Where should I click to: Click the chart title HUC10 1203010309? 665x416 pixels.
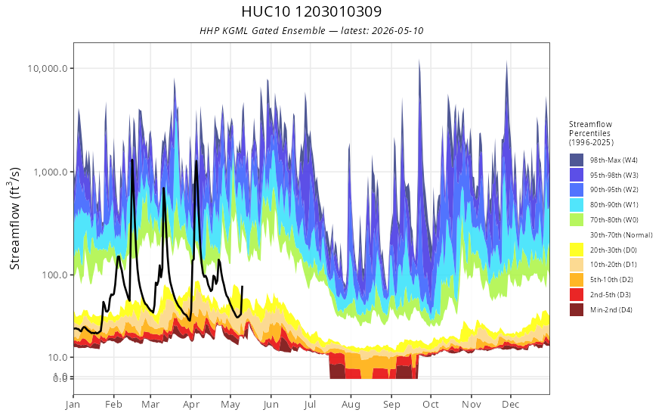(311, 11)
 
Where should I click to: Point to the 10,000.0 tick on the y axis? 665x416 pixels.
(48, 68)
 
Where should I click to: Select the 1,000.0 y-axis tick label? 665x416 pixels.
(51, 172)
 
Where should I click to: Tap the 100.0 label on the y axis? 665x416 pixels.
(54, 275)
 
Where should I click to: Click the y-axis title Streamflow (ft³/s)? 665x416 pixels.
(14, 218)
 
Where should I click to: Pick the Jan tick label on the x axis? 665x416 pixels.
(73, 405)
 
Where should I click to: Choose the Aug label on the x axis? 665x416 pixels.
(351, 405)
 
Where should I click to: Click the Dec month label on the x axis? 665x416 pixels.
(511, 404)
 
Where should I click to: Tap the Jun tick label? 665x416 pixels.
(271, 405)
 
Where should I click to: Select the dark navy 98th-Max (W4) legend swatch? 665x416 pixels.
(577, 160)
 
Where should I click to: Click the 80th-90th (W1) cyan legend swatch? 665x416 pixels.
(577, 205)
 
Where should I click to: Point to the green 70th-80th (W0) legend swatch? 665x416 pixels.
(577, 220)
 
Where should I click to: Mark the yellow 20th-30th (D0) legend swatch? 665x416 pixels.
(577, 250)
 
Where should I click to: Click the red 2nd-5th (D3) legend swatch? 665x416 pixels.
(577, 294)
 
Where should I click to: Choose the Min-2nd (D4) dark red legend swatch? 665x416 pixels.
(577, 310)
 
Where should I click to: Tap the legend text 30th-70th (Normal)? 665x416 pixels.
(621, 234)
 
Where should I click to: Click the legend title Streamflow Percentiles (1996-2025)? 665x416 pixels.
(591, 133)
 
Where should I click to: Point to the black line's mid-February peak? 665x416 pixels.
(132, 160)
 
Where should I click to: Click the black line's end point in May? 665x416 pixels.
(242, 287)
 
